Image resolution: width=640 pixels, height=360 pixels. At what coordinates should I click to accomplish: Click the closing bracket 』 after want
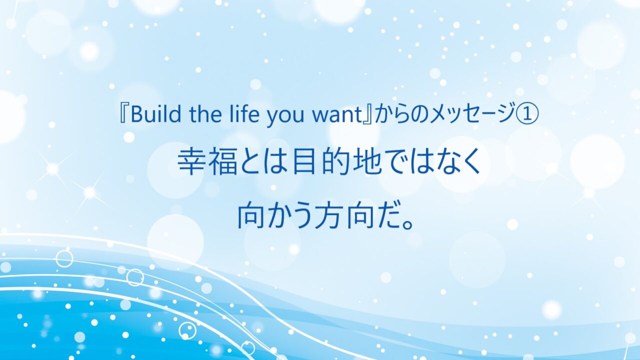point(367,114)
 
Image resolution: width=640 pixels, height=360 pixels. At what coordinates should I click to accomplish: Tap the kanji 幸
point(191,163)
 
